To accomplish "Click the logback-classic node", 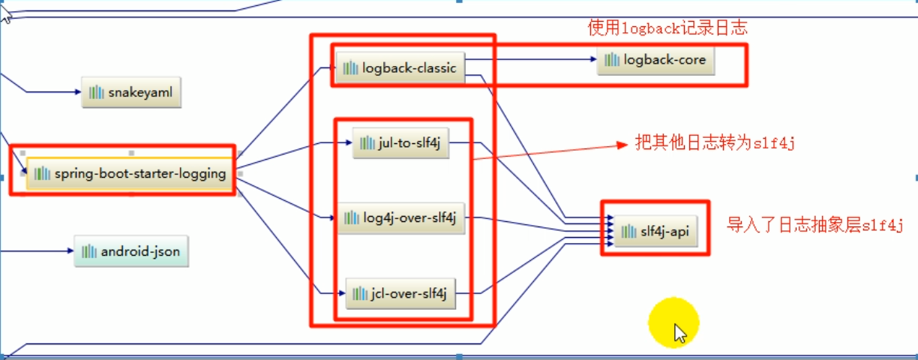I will point(400,67).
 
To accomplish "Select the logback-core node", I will point(655,60).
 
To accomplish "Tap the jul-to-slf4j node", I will point(400,142).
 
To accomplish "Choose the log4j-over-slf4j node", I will point(402,217).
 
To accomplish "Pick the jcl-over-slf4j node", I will point(400,293).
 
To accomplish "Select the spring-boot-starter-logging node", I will point(130,173).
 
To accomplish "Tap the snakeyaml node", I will point(131,92).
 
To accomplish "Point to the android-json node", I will point(131,251).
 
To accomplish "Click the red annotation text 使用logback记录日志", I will point(667,28).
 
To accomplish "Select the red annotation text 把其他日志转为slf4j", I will point(714,143).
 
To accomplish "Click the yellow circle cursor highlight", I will point(673,323).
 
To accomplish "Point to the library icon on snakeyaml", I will point(96,92).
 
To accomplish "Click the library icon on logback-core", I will point(612,60).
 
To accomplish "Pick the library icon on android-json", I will point(89,251).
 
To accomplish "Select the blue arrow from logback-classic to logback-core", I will point(532,59).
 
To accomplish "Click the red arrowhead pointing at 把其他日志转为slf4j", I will point(621,144).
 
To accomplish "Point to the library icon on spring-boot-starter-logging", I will point(42,174).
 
